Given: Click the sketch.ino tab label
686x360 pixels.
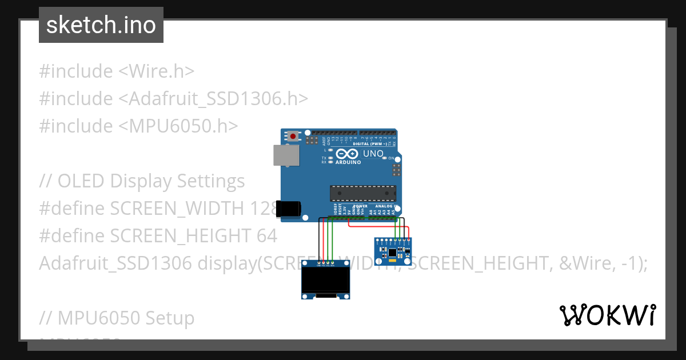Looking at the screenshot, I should tap(101, 25).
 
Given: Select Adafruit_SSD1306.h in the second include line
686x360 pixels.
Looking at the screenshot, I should tap(213, 99).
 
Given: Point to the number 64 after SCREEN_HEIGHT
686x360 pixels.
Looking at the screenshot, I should tap(266, 235).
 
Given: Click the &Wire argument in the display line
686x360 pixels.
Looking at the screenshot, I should tap(588, 263).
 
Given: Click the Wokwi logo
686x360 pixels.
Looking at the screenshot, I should tap(607, 315).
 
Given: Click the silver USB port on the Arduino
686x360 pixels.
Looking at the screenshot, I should tap(286, 155).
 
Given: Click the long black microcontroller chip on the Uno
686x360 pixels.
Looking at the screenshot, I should tap(362, 193).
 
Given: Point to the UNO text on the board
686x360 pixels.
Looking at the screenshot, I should tap(373, 154).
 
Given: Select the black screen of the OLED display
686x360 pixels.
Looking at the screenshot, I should tap(325, 281).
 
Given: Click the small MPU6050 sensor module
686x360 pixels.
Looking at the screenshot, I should tap(392, 252).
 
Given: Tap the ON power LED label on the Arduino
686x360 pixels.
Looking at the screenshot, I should tap(392, 158).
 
